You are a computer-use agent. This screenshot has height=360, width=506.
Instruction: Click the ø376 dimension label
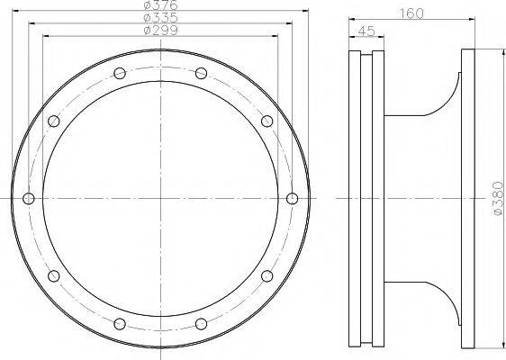point(160,4)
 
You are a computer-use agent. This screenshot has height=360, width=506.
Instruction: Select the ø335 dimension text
point(160,17)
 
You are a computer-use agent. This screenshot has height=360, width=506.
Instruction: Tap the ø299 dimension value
point(160,31)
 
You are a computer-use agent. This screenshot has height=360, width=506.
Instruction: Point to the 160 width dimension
point(411,13)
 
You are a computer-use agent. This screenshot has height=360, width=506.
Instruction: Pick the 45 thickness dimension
point(366,31)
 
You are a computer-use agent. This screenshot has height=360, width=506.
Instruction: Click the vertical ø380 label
point(498,198)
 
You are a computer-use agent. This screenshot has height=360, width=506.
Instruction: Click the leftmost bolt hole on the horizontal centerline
point(29,198)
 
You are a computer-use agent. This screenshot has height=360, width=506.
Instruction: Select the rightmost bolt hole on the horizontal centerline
point(292,198)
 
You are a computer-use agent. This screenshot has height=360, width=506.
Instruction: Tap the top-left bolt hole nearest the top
point(120,73)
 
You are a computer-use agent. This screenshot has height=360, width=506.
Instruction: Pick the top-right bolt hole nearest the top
point(201,73)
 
